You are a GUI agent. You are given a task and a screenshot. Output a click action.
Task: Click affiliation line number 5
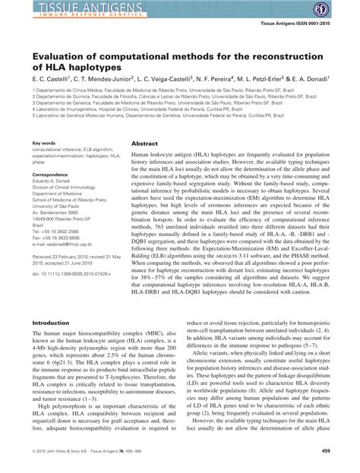(145, 115)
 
